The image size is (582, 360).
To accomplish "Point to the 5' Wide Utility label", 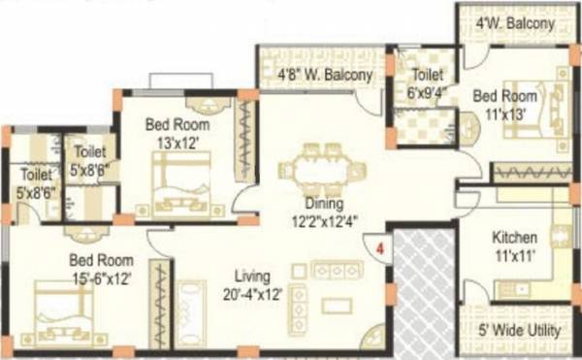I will click(x=520, y=331).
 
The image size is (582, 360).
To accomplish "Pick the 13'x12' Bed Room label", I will click(x=178, y=133).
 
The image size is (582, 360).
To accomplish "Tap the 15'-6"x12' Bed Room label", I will click(x=100, y=269).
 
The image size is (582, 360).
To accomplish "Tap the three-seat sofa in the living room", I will click(x=334, y=269).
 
